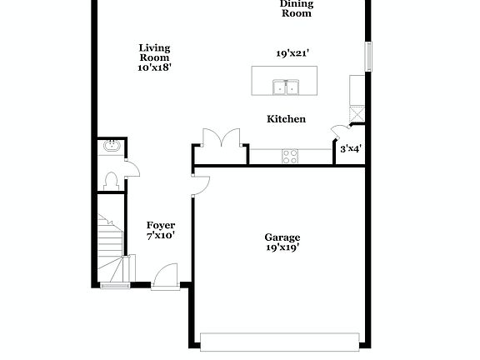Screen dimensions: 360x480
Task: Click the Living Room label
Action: click(x=154, y=53)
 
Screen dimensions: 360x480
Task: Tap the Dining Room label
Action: click(x=296, y=8)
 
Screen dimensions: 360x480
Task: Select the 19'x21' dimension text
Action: click(x=293, y=53)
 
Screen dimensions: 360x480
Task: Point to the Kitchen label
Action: click(x=286, y=119)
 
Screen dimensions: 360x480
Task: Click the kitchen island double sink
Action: click(x=286, y=86)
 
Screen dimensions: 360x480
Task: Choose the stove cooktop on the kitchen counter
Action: click(x=290, y=154)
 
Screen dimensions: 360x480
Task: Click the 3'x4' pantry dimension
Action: click(x=350, y=150)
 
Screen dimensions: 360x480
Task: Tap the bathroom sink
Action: click(x=110, y=147)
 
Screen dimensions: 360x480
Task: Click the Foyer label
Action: click(x=161, y=226)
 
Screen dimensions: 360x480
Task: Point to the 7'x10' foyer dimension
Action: click(x=161, y=237)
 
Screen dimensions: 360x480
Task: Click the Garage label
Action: click(x=282, y=237)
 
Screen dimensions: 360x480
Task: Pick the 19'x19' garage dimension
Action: click(x=282, y=247)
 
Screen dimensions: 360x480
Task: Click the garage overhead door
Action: click(x=282, y=340)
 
